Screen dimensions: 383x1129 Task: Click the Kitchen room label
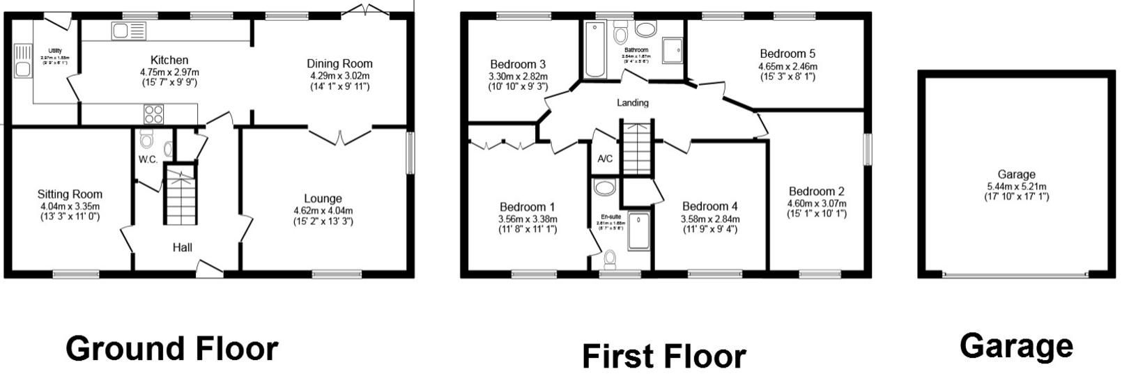point(169,61)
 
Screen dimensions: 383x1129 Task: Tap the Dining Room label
point(341,64)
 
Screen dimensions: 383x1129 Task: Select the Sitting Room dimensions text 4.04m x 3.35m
point(69,206)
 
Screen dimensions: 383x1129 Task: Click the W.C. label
point(147,159)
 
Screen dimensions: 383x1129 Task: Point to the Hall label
point(183,247)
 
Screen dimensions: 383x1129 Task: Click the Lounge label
point(323,199)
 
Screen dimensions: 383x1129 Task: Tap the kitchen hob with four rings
point(154,113)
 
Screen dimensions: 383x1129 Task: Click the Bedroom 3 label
point(517,65)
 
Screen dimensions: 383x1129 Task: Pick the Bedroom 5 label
point(788,54)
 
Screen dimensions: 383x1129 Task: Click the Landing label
point(633,103)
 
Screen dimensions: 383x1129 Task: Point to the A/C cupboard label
point(605,159)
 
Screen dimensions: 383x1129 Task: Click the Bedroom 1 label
point(528,207)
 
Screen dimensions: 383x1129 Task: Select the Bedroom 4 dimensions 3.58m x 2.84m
point(710,219)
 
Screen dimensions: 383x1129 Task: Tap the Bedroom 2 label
point(817,191)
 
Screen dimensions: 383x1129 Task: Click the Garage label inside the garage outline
point(1016,175)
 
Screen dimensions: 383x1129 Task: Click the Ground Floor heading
point(171,348)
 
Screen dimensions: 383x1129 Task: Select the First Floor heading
point(663,356)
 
